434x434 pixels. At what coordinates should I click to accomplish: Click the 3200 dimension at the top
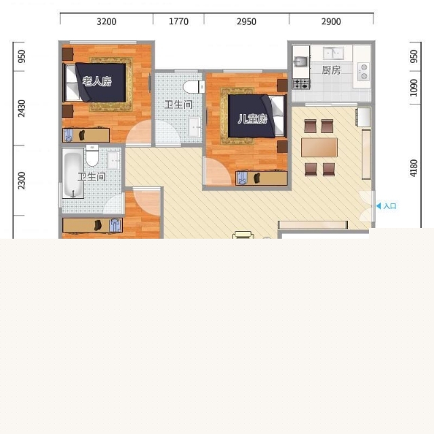click(106, 22)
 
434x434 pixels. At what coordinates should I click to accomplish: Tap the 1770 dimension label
click(178, 21)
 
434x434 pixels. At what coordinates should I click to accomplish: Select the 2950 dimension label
click(246, 22)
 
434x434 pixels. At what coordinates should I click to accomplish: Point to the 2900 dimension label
click(331, 22)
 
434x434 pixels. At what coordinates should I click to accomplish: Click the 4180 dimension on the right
click(414, 168)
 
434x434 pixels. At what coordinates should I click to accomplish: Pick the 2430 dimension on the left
click(21, 108)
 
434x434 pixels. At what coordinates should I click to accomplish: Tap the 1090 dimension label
click(414, 87)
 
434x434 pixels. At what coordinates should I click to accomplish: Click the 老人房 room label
click(97, 81)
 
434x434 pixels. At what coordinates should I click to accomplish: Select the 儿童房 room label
click(252, 119)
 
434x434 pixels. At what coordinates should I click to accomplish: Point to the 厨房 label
click(331, 70)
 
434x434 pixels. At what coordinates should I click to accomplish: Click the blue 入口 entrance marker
click(387, 206)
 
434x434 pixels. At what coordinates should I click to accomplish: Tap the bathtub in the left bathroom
click(73, 174)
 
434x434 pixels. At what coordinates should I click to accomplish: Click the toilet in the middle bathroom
click(193, 87)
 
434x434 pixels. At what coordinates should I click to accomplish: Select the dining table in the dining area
click(319, 148)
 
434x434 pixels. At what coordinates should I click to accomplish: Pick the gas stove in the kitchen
click(301, 84)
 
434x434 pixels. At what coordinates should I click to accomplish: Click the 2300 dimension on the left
click(21, 180)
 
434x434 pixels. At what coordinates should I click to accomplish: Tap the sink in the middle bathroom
click(195, 127)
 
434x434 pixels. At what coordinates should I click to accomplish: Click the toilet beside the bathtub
click(92, 155)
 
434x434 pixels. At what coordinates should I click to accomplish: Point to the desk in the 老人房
click(86, 135)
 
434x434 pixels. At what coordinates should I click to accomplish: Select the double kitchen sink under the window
click(333, 53)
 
